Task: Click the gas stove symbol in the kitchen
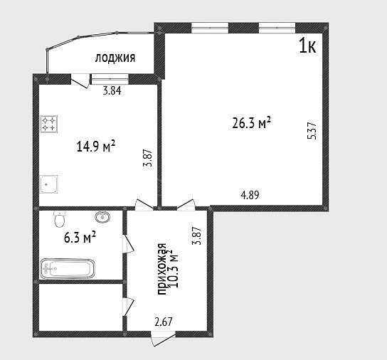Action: click(x=49, y=124)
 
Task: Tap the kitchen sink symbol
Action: click(x=49, y=184)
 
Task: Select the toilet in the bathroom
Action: click(x=59, y=219)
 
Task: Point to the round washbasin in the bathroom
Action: click(x=102, y=217)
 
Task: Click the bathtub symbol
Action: click(x=68, y=269)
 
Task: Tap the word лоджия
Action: click(x=115, y=58)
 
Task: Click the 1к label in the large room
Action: click(x=307, y=46)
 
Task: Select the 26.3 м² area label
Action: click(x=252, y=123)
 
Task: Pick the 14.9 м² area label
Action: click(x=96, y=146)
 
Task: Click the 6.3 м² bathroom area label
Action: click(x=80, y=238)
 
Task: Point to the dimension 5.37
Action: click(x=312, y=131)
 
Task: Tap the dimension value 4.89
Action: click(x=250, y=195)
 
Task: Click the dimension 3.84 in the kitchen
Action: click(x=112, y=91)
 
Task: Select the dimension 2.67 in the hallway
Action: click(x=164, y=322)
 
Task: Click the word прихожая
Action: click(x=162, y=269)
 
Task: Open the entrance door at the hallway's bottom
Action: click(x=163, y=339)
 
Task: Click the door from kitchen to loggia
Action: click(x=80, y=80)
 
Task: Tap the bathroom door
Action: click(x=128, y=244)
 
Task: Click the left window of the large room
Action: click(x=210, y=28)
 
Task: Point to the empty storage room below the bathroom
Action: click(x=80, y=307)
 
